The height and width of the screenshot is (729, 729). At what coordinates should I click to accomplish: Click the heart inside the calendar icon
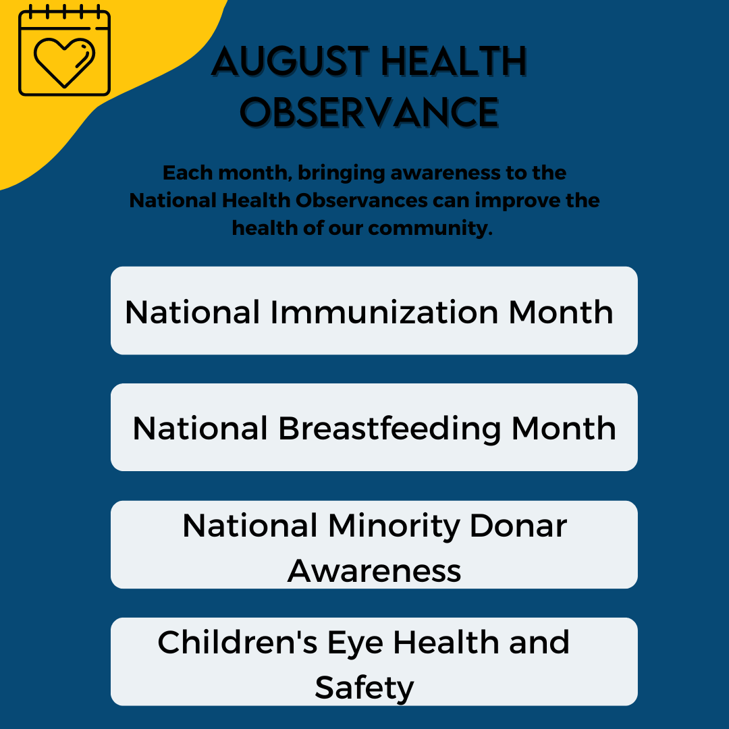(64, 62)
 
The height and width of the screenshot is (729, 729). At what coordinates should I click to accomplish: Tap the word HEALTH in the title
(454, 61)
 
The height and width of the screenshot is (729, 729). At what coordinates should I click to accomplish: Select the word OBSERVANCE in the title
(369, 112)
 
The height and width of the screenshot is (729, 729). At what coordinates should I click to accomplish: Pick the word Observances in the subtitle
(362, 200)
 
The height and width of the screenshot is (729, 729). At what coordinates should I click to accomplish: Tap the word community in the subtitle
(430, 229)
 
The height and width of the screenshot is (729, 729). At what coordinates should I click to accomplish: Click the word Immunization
(385, 312)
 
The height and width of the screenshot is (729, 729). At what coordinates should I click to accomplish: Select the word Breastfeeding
(389, 429)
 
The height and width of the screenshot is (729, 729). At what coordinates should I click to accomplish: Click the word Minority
(394, 526)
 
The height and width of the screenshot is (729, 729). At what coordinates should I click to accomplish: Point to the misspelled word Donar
(518, 526)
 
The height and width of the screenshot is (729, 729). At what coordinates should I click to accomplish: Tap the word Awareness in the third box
(374, 571)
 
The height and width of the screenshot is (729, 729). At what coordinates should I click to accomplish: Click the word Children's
(238, 642)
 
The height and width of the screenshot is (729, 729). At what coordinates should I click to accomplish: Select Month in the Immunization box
(561, 312)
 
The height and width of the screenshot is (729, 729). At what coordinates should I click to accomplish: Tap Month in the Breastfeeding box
(564, 428)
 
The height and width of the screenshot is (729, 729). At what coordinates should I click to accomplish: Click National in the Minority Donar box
(250, 526)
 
